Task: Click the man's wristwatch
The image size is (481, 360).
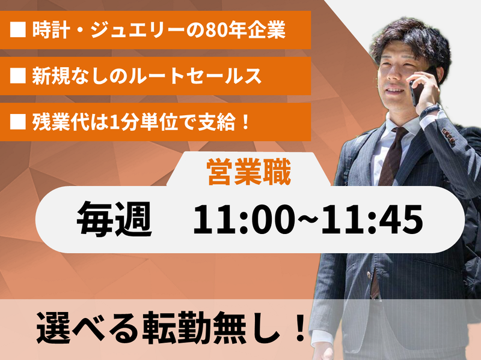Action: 430,112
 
